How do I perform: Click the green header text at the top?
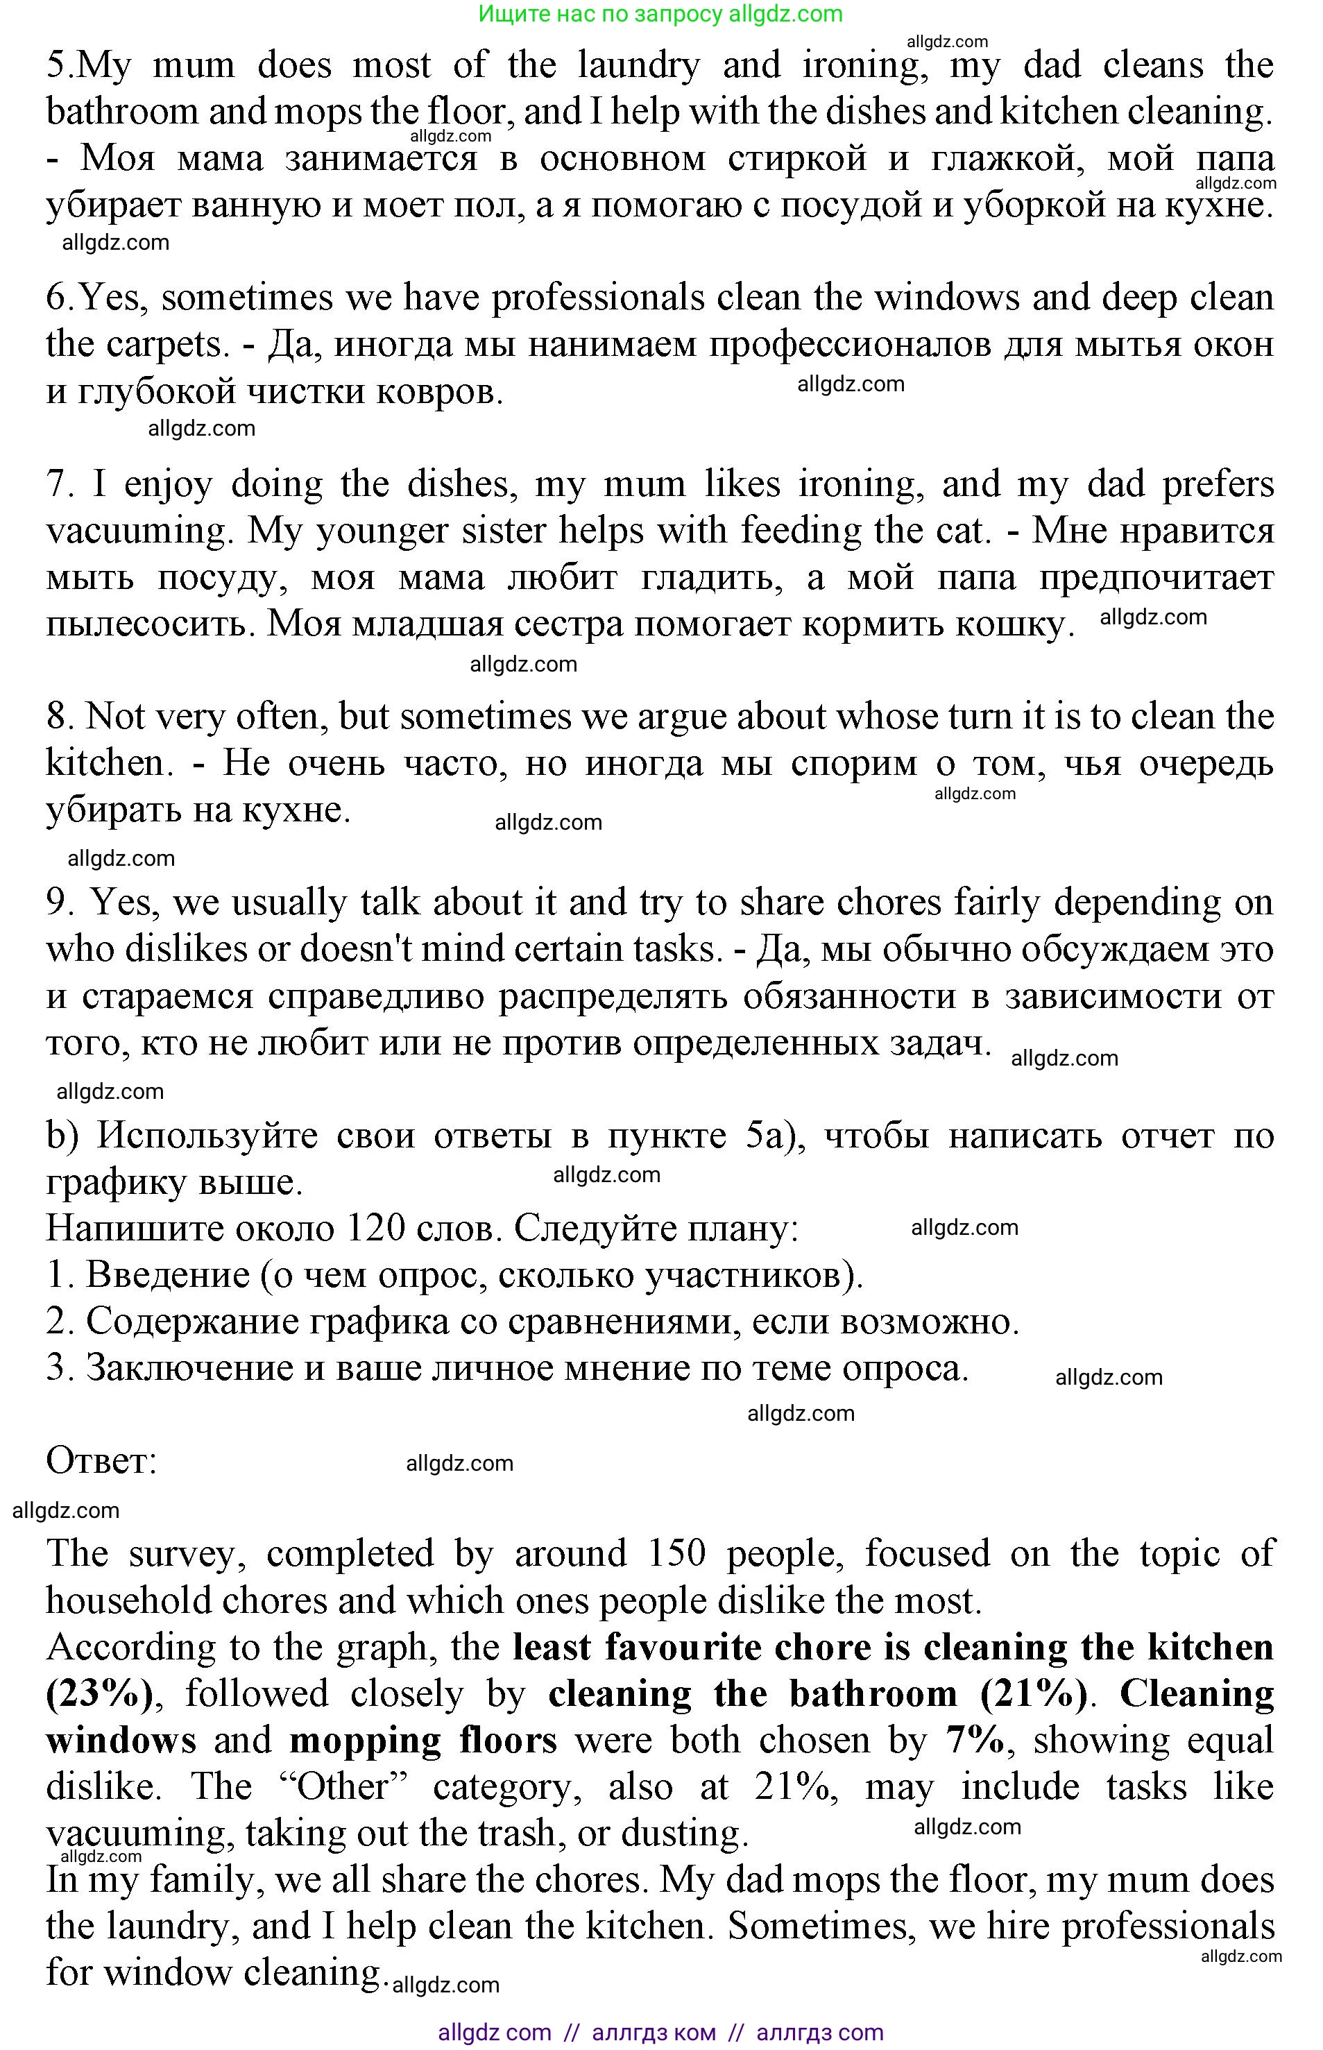pyautogui.click(x=660, y=14)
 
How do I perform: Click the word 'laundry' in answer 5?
pyautogui.click(x=638, y=65)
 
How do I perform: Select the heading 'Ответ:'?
pyautogui.click(x=101, y=1461)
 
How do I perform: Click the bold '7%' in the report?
pyautogui.click(x=975, y=1741)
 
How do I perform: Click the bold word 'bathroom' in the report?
pyautogui.click(x=873, y=1694)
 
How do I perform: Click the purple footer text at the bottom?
pyautogui.click(x=660, y=2033)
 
